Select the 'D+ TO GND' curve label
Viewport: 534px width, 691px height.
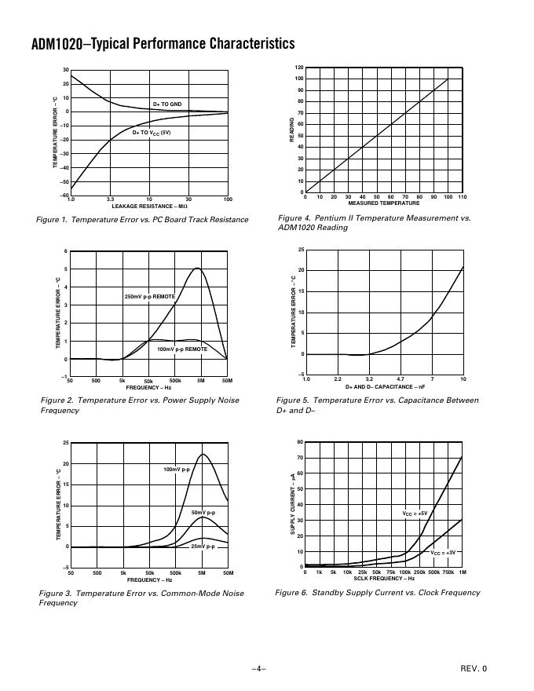point(167,104)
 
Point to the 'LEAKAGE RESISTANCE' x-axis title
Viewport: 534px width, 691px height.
point(149,206)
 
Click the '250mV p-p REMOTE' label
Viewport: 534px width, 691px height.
point(150,297)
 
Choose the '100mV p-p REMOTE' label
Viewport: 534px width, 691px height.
point(182,349)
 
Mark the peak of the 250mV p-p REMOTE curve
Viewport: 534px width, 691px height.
point(197,269)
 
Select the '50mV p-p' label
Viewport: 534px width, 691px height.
point(203,513)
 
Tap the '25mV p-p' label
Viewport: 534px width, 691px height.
point(203,546)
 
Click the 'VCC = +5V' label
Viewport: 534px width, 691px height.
point(415,514)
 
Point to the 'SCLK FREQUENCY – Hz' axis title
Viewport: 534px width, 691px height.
point(384,579)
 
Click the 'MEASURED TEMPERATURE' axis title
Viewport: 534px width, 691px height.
point(384,203)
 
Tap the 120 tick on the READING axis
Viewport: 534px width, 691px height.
point(298,68)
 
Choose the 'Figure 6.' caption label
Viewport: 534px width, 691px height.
point(291,593)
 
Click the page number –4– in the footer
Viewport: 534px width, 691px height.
point(259,669)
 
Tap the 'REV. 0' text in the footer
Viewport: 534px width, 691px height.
point(474,669)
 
